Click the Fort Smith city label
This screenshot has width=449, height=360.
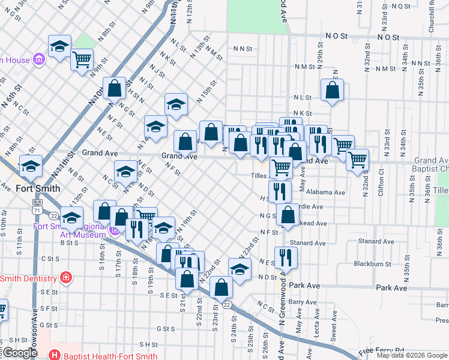click(x=37, y=188)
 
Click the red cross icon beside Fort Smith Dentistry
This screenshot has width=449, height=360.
click(x=65, y=278)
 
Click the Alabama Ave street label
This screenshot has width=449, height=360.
click(x=325, y=193)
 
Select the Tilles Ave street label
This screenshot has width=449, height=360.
click(x=262, y=176)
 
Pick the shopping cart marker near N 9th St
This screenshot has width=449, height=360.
click(x=82, y=59)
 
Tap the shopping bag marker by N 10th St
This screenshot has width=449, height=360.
click(x=114, y=88)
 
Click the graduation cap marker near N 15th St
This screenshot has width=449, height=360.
click(x=175, y=104)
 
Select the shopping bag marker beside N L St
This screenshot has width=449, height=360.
click(x=332, y=89)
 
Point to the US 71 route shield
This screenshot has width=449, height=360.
click(x=38, y=211)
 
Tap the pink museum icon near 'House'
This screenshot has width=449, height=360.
click(x=40, y=59)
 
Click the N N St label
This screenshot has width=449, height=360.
click(x=241, y=49)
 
